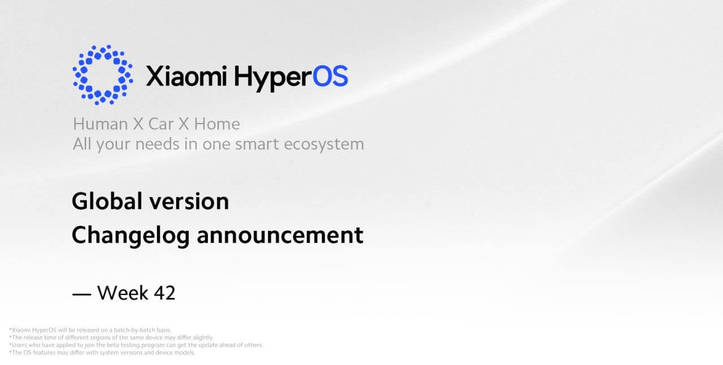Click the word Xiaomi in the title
point(186,76)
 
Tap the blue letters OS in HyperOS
point(330,76)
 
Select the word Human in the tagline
point(101,124)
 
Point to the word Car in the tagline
point(161,124)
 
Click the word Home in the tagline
point(217,124)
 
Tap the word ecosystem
point(324,144)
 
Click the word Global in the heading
point(107,201)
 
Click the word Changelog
point(130,236)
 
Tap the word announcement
point(280,236)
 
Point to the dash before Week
point(82,294)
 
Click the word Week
point(123,293)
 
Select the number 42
point(164,293)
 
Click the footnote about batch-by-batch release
point(90,330)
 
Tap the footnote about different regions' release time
point(111,337)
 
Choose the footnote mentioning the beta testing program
point(136,345)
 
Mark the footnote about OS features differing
point(102,353)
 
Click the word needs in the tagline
point(157,144)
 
